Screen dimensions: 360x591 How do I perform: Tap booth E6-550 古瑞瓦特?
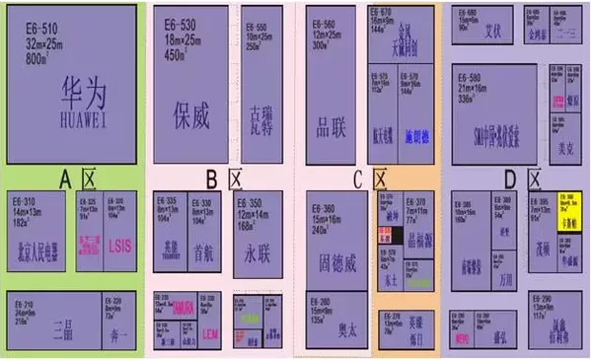(258, 99)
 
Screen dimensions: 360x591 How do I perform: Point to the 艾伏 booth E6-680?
(485, 29)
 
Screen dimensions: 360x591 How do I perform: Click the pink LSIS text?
(118, 243)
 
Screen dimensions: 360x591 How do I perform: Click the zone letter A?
(64, 179)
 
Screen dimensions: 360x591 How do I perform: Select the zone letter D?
(509, 179)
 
